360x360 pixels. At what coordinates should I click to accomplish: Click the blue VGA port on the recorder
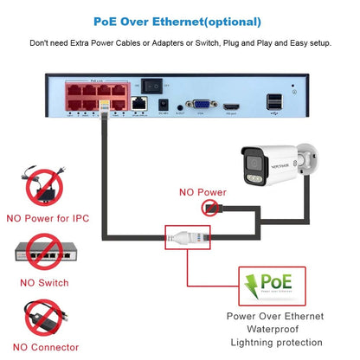tap(201, 103)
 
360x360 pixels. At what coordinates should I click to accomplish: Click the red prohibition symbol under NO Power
tap(209, 207)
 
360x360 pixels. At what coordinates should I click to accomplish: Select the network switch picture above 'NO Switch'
tap(43, 252)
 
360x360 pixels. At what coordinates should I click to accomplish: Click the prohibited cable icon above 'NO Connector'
tap(43, 318)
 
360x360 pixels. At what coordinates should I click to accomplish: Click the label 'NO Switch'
tap(43, 281)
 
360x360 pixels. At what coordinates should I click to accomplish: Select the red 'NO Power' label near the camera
tap(202, 192)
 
